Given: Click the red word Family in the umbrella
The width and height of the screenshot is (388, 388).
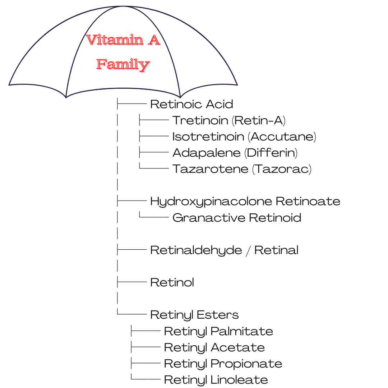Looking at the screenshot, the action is pos(123,65).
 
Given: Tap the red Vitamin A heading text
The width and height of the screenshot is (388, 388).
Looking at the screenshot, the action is pos(123,40).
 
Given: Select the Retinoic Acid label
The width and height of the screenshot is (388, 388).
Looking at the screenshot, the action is pos(191,104).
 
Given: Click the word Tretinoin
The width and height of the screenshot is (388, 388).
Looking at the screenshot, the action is pos(200,120).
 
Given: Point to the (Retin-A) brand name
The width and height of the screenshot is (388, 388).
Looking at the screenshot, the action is pos(259,120).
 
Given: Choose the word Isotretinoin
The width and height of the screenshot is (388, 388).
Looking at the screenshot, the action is pos(208,137).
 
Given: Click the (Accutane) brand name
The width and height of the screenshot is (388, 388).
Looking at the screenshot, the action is pos(282,137).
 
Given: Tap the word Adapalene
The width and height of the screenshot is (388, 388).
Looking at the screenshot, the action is pos(207,153).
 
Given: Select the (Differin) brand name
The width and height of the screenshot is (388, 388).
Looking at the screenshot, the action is pos(271,153).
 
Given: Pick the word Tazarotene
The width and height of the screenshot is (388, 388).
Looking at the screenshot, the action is pos(210,169).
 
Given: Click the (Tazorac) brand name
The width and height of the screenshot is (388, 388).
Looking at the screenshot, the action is pos(282,169).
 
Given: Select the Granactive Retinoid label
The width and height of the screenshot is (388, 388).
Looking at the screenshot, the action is pos(237,218).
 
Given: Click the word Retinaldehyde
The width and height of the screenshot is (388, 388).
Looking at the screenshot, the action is pos(196,250).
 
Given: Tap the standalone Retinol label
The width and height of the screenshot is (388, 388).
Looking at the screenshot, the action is pos(172,282).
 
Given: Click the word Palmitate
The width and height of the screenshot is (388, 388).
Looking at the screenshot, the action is pos(242,331).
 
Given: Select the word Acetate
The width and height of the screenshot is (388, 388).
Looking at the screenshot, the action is pos(238,347).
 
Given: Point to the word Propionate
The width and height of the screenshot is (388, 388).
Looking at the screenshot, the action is pos(246,364).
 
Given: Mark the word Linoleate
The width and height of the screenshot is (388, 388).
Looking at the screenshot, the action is pos(239,380).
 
